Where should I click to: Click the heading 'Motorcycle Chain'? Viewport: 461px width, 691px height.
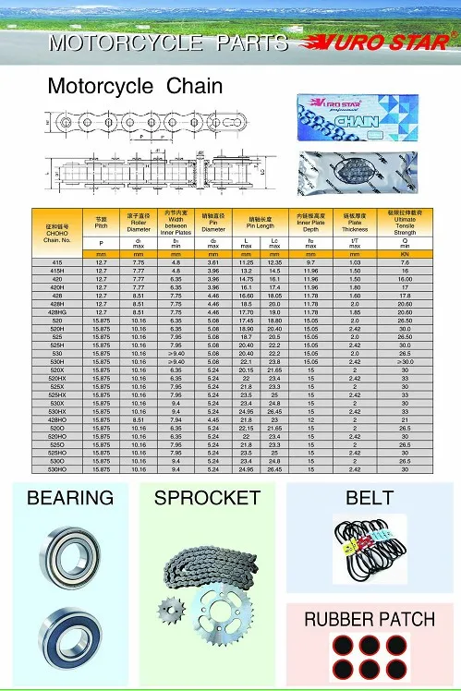135,86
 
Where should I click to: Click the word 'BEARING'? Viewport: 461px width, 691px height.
71,499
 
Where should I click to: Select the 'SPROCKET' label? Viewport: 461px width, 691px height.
208,499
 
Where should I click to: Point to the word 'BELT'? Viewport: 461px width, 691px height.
369,499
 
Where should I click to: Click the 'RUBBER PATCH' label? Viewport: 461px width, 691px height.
370,619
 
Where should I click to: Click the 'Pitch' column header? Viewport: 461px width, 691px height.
102,224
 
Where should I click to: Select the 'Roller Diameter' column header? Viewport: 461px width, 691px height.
139,224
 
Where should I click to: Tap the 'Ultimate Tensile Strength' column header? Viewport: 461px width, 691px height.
405,222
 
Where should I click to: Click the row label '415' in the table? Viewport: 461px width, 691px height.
57,263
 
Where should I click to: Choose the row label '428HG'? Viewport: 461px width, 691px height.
57,312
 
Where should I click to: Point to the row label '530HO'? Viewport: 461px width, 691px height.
57,469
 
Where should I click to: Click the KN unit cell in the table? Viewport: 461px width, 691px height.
405,254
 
